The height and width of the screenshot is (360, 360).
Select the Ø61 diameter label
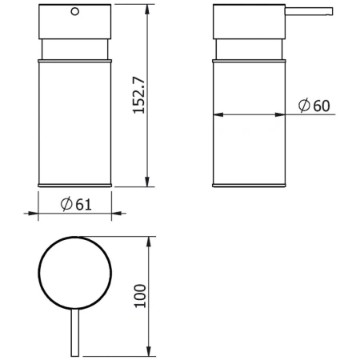[76, 204]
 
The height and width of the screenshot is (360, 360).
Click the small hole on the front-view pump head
[75, 13]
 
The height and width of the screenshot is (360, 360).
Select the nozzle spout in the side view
[309, 12]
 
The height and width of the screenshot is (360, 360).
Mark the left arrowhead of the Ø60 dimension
[219, 115]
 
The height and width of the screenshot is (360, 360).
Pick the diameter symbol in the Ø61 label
[67, 204]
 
